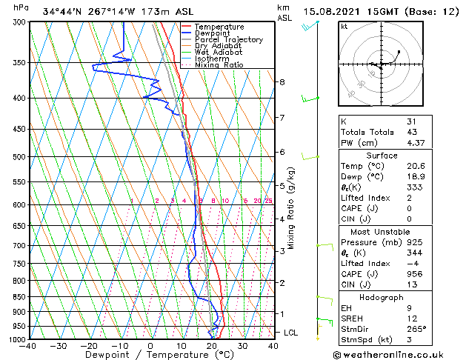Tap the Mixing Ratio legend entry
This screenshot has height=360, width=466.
click(x=218, y=65)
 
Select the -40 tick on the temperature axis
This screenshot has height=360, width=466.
click(x=28, y=346)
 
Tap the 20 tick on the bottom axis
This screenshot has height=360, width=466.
click(x=211, y=346)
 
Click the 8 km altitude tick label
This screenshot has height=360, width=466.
click(x=282, y=81)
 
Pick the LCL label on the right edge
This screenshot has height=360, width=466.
click(x=291, y=333)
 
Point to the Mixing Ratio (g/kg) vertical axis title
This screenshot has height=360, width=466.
click(x=292, y=208)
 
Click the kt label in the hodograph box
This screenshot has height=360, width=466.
click(x=344, y=26)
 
